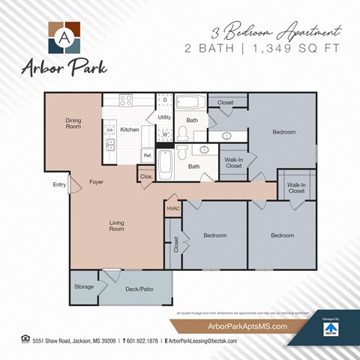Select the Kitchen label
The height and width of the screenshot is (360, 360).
click(130, 130)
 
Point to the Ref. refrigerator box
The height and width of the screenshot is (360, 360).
click(148, 155)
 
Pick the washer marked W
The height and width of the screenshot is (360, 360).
click(165, 134)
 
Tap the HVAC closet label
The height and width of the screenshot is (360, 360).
click(173, 208)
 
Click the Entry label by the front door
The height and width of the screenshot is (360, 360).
click(59, 184)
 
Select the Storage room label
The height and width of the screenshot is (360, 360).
click(84, 286)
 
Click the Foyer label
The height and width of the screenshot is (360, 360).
click(96, 182)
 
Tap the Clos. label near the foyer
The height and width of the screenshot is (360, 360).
click(145, 177)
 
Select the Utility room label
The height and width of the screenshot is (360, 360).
click(165, 118)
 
